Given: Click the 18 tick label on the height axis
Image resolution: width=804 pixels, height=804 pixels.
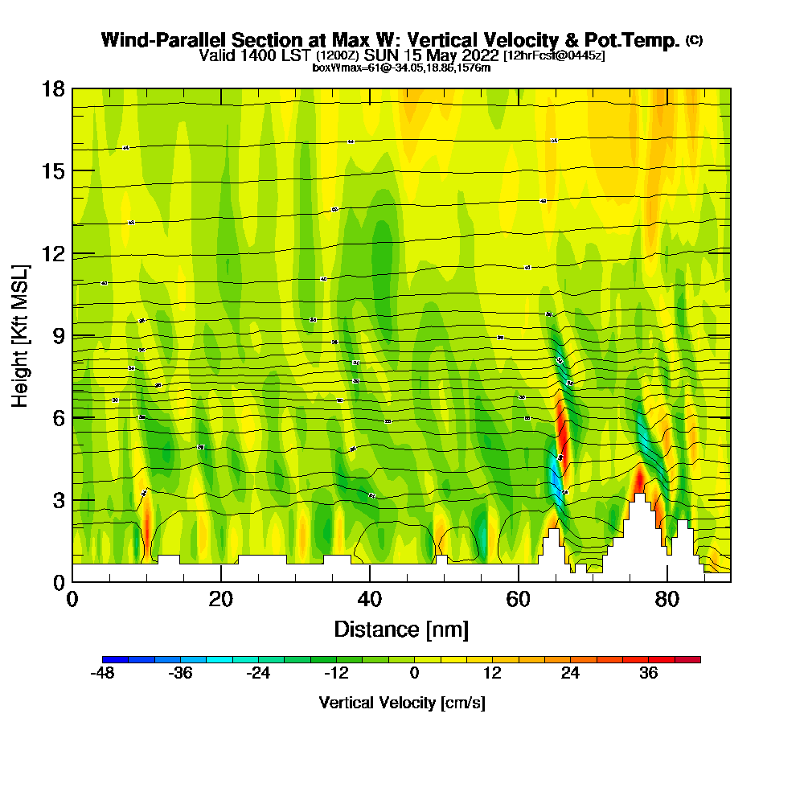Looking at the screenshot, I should click(x=53, y=88).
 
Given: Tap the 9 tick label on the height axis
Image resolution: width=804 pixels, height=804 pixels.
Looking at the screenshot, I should click(x=58, y=335).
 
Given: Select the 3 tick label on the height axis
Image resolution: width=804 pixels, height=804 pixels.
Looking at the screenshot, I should click(x=58, y=500).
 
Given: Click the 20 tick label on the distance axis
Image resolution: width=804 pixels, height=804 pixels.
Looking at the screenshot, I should click(x=220, y=599).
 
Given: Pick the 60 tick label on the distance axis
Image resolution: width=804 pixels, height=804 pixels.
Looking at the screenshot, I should click(x=519, y=599).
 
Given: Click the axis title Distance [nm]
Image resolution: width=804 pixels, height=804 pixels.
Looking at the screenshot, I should click(x=401, y=629).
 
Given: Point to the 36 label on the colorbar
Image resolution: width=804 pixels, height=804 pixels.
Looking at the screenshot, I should click(x=648, y=674).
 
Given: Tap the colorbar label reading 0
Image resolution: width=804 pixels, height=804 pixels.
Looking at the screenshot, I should click(x=414, y=674).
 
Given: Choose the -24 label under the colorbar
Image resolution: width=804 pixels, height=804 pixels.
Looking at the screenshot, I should click(x=259, y=674).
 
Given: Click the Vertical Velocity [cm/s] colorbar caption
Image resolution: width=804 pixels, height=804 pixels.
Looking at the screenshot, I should click(x=402, y=703).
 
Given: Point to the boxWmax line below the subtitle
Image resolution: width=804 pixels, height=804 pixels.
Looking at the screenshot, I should click(x=401, y=68).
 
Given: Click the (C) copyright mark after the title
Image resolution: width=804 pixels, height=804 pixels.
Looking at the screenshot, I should click(x=695, y=40).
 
